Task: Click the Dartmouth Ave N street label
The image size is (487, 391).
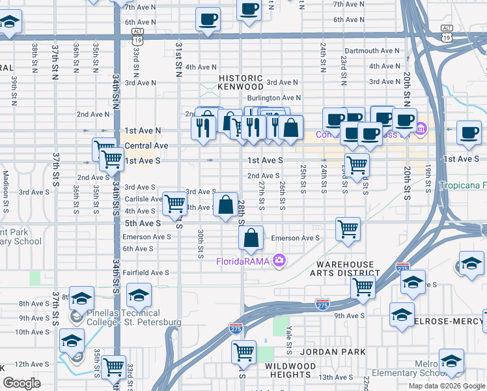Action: tap(372, 51)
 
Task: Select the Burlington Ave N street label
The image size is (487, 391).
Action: tap(273, 98)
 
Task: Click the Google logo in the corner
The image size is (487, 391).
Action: tap(21, 383)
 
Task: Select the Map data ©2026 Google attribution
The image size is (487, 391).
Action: tap(446, 386)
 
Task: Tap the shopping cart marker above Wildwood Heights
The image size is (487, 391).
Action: tap(244, 352)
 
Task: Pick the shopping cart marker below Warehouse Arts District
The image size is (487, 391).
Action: tap(363, 287)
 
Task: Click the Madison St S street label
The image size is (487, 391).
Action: tap(6, 186)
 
